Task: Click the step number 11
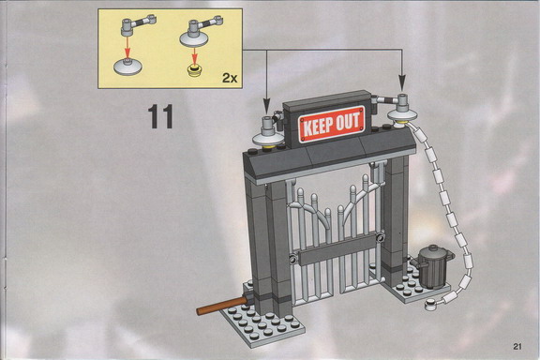coord(160,117)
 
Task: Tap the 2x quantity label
coord(230,78)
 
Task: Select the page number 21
coord(517,346)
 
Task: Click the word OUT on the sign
coord(349,121)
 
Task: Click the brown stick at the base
coord(222,306)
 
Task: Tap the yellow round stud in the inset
coord(195,70)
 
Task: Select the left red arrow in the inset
coord(127,47)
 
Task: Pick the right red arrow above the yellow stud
coord(195,55)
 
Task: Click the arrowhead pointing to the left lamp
coord(266,104)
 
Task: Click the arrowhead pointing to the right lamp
coord(401,82)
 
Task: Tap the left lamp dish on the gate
coord(268,139)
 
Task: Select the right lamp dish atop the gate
coord(401,115)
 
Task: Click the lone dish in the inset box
coord(127,67)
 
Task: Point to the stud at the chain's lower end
coord(430,304)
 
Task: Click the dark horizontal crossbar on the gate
coord(337,248)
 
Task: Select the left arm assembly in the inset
coord(138,24)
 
